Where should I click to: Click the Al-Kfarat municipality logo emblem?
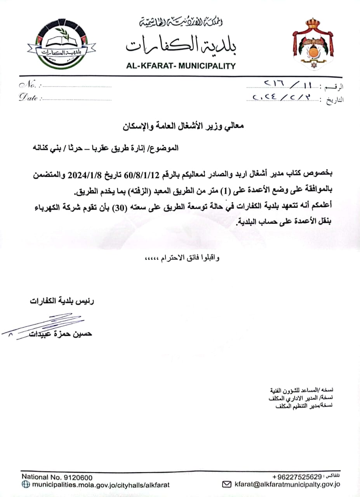pos(62,44)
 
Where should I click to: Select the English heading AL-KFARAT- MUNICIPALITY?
pos(181,66)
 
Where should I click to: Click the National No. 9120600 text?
pos(57,477)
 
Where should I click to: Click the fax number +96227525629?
pos(297,476)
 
